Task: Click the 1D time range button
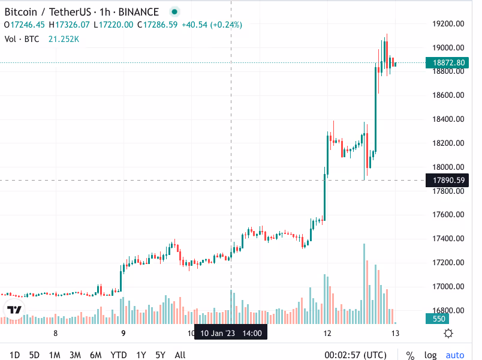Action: pos(15,355)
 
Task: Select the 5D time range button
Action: pos(35,355)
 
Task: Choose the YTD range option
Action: pos(119,355)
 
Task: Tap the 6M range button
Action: pos(95,355)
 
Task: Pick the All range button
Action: pos(180,355)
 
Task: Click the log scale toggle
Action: pos(430,355)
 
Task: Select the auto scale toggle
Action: pos(455,355)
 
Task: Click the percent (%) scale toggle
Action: pos(411,355)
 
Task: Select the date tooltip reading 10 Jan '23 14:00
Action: pos(230,332)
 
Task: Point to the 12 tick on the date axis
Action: pos(327,333)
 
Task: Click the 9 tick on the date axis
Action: pos(123,333)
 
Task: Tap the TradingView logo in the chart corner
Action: pos(14,310)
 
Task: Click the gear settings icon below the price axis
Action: pos(448,333)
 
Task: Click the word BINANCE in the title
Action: pos(138,12)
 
